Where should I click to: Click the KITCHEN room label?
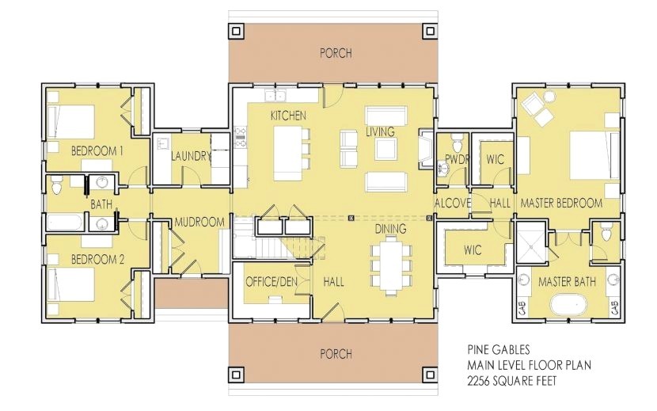point(288,116)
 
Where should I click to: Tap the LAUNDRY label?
point(191,156)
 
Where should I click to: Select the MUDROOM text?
point(200,222)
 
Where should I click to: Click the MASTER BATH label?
point(567,281)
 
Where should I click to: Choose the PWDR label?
point(458,159)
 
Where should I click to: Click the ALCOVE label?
point(453,204)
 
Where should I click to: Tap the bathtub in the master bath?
point(568,305)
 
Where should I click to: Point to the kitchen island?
point(289,151)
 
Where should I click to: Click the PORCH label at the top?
point(336,53)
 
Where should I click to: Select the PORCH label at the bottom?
point(336,353)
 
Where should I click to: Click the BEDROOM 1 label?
point(97,150)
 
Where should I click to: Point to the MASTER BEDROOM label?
point(560,204)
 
